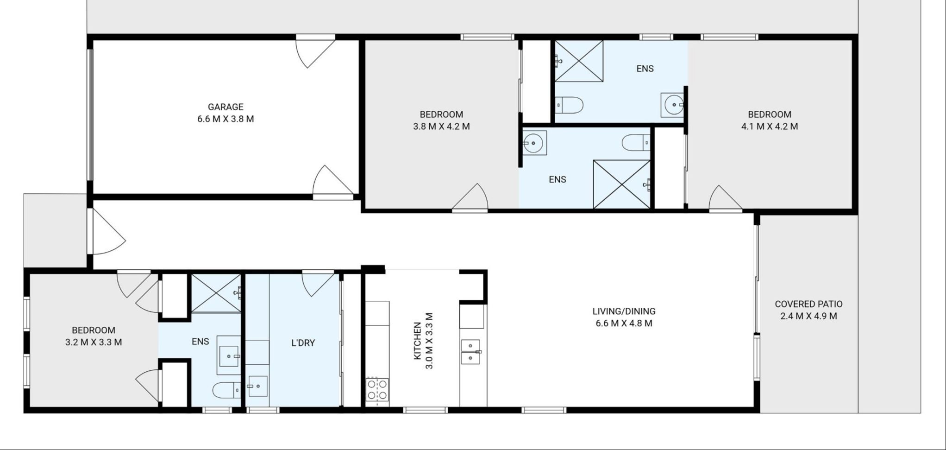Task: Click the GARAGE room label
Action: [226, 107]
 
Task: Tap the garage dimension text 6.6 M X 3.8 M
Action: [226, 119]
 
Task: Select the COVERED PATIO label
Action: [808, 304]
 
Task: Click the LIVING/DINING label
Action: [624, 311]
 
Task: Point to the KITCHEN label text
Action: [417, 341]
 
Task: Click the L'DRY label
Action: [303, 343]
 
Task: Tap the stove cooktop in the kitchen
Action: [377, 389]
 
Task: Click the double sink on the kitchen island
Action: [470, 352]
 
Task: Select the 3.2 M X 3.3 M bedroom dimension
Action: [94, 342]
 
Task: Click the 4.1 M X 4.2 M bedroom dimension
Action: [769, 127]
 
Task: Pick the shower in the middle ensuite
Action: [622, 184]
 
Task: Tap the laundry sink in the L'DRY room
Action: [257, 386]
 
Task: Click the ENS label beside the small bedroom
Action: [200, 342]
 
